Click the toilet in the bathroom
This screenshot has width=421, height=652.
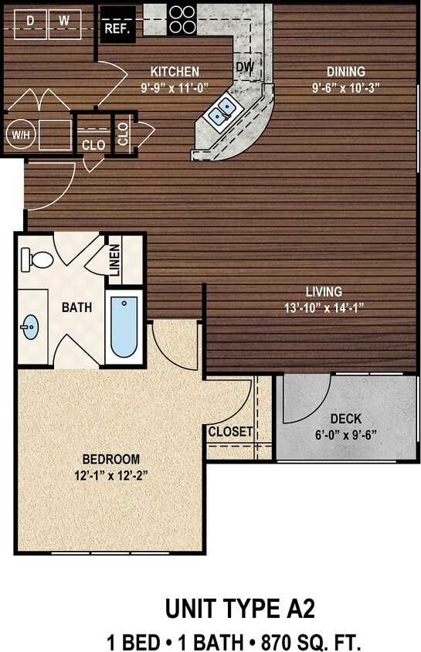click(x=36, y=259)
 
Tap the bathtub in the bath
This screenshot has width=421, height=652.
click(x=124, y=327)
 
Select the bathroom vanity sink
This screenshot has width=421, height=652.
click(x=30, y=327)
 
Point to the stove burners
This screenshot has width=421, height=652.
click(x=182, y=19)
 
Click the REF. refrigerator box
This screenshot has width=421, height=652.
click(x=117, y=28)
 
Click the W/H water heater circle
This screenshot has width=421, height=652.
click(x=17, y=135)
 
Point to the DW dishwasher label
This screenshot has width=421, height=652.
click(x=245, y=67)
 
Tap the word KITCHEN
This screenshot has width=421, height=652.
click(x=175, y=71)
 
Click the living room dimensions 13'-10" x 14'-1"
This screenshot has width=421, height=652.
click(x=324, y=307)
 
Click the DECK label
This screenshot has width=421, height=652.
click(x=345, y=419)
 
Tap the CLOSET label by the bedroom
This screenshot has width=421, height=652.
click(x=230, y=432)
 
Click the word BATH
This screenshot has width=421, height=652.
click(x=77, y=307)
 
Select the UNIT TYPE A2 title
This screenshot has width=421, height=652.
click(x=240, y=609)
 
